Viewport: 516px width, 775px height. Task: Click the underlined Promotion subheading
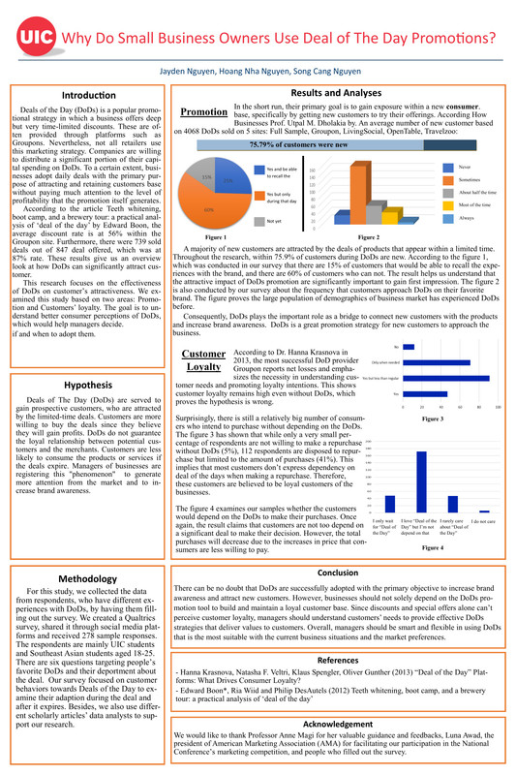(204, 111)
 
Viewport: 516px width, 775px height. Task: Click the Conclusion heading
(338, 573)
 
